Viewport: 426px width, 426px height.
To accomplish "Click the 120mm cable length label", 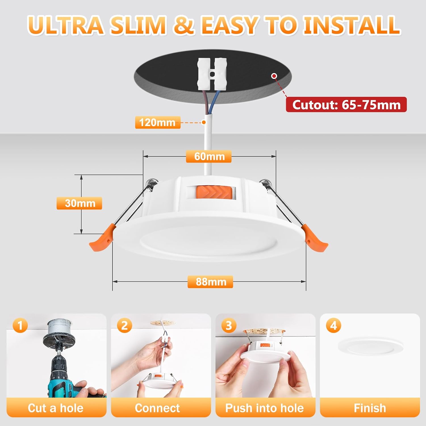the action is [x=158, y=122].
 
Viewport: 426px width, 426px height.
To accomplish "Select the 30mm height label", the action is [x=79, y=203].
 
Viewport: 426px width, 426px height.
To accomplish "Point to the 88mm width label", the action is [x=210, y=282].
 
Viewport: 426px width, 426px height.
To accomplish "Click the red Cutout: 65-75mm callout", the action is [x=346, y=105].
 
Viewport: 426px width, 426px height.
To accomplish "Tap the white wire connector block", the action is [x=212, y=74].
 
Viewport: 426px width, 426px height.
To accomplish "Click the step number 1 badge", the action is [x=20, y=325].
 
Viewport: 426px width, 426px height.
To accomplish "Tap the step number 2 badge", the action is [x=124, y=325].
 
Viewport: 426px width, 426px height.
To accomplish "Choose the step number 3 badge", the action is [x=229, y=325].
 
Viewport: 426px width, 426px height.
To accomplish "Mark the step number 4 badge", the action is [x=334, y=325].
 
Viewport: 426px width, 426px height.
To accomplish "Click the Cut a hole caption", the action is [x=56, y=408].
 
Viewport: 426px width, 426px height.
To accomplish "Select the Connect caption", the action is [x=157, y=408].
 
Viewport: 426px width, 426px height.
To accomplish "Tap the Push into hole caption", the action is [x=265, y=408].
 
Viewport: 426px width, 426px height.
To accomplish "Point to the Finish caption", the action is [x=370, y=408].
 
